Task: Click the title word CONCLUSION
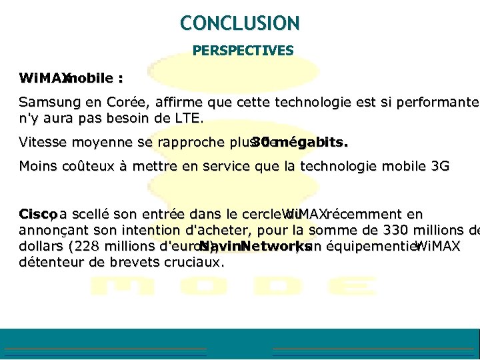click(x=240, y=23)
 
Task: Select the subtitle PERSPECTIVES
click(x=243, y=51)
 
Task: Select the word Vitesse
click(x=41, y=142)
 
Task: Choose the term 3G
click(x=441, y=166)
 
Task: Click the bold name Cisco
click(x=36, y=215)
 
